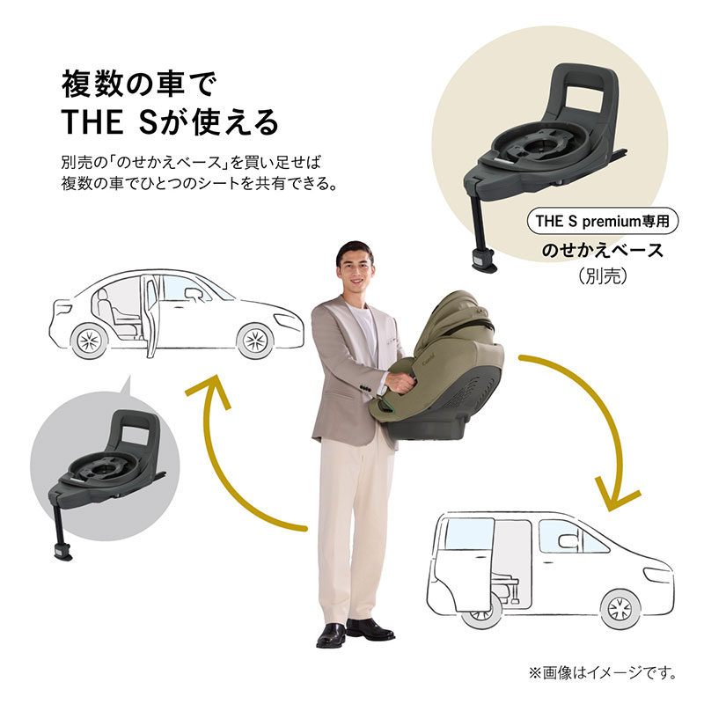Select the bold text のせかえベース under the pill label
[x=603, y=251]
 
